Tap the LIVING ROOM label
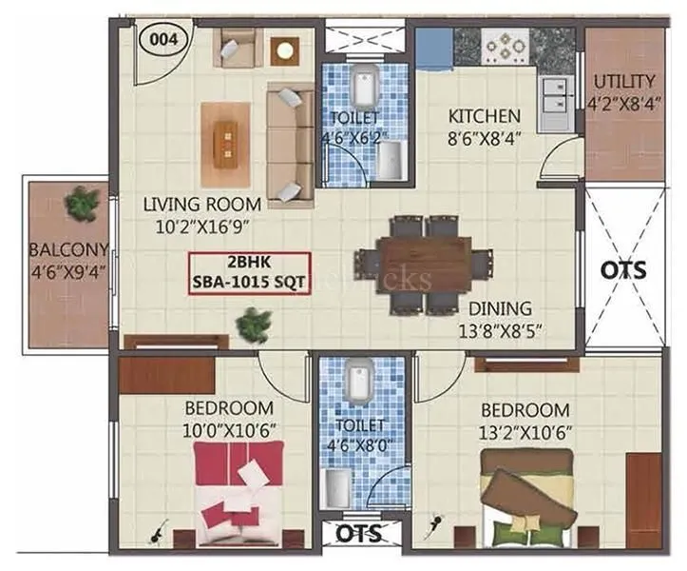pyautogui.click(x=201, y=203)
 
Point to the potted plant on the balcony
pyautogui.click(x=82, y=202)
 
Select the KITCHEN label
pyautogui.click(x=484, y=117)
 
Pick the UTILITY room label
pyautogui.click(x=623, y=81)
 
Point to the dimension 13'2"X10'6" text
pyautogui.click(x=525, y=430)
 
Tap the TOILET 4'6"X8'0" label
pyautogui.click(x=360, y=434)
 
